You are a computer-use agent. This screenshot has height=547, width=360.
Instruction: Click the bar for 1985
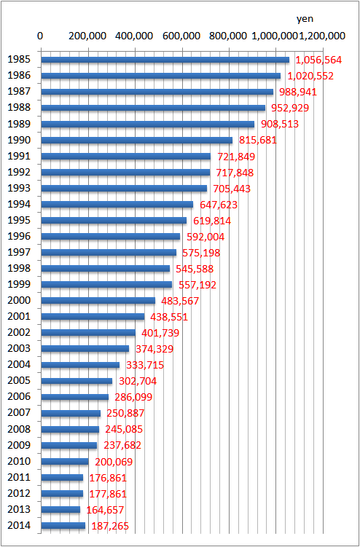(165, 60)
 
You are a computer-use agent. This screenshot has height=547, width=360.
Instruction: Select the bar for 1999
(106, 284)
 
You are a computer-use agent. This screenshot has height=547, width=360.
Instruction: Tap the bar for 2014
(63, 525)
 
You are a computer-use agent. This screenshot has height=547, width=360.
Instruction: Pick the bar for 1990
(137, 140)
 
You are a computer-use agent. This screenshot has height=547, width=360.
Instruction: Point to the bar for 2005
(77, 381)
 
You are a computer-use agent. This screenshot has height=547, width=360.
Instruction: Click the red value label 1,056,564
(318, 60)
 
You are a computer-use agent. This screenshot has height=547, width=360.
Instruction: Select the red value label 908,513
(280, 125)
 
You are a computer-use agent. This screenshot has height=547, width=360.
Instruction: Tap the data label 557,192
(197, 285)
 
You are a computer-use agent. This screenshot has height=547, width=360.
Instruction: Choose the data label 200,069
(114, 462)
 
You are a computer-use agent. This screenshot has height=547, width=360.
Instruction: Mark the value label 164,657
(105, 510)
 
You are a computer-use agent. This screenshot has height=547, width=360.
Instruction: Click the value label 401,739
(160, 333)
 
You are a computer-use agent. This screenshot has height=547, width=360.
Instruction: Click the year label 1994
(19, 204)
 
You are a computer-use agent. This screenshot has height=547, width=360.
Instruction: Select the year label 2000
(19, 300)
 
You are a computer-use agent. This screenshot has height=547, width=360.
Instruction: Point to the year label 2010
(19, 461)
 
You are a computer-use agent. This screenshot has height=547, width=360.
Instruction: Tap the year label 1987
(19, 91)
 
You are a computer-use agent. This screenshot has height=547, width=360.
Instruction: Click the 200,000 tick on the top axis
(88, 36)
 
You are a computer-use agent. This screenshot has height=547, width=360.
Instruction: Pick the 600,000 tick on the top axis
(182, 36)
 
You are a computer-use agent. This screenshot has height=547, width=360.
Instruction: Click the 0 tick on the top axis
(41, 36)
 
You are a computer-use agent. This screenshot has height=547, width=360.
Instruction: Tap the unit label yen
(305, 19)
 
